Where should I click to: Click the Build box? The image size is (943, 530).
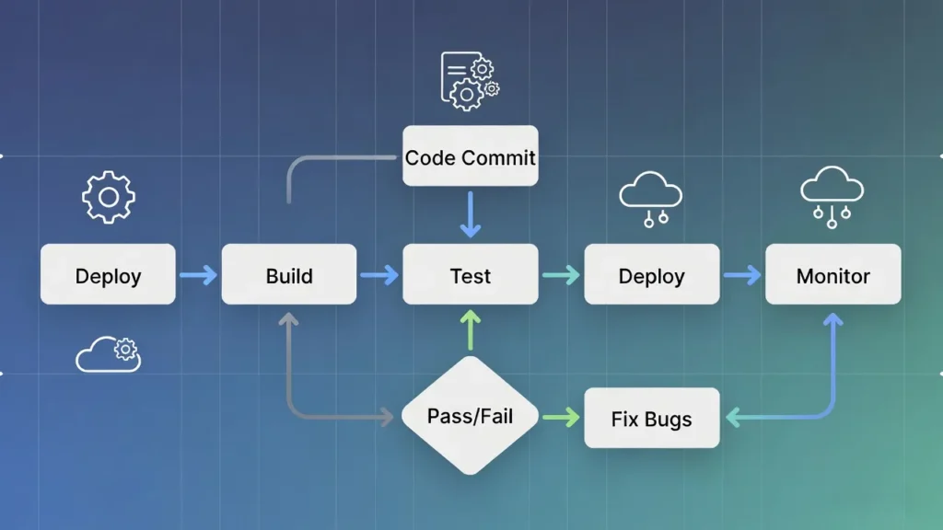point(289,274)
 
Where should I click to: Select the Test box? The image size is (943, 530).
point(471,274)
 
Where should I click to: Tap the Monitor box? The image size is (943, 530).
point(833,274)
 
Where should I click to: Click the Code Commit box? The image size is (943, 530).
point(471,156)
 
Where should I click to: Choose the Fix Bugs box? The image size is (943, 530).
point(652,418)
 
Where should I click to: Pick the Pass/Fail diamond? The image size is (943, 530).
point(471,416)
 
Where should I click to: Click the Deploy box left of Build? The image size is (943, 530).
point(108,274)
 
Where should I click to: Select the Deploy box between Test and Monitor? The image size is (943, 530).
point(652,274)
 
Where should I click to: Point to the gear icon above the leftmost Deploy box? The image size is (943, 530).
point(109,197)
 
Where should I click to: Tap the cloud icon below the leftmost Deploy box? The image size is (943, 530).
point(109,354)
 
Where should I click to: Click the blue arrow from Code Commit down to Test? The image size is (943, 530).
point(471,215)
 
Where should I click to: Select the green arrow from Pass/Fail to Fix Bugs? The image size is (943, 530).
point(561,418)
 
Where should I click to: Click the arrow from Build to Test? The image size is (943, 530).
point(379,274)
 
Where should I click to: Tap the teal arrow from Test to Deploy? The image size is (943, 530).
point(561,274)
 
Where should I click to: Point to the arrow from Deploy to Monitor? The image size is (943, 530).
point(742,274)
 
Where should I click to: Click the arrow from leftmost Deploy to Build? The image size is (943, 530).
point(198,274)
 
